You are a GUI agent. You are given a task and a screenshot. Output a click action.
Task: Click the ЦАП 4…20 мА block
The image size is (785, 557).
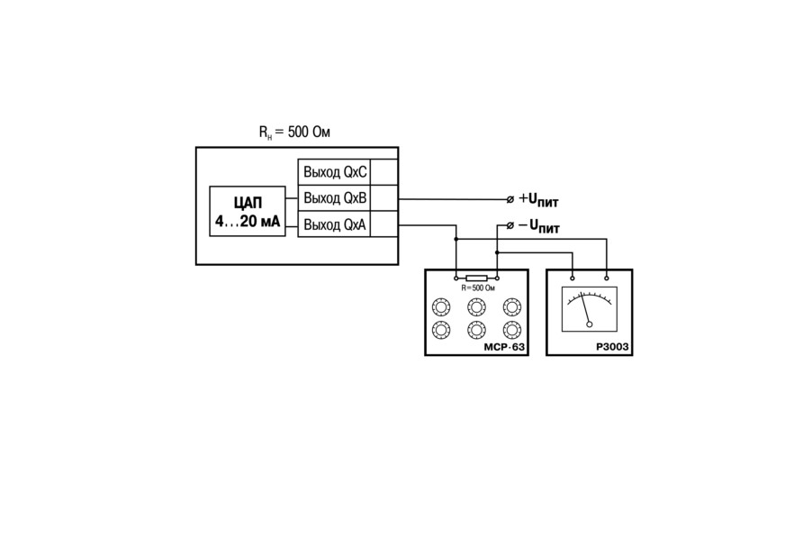(248, 211)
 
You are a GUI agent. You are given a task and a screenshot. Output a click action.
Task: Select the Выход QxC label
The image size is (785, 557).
(335, 172)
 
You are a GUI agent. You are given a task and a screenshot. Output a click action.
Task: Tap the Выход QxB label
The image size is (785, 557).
(335, 198)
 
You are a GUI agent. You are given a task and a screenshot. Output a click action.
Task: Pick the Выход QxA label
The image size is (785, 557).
(335, 224)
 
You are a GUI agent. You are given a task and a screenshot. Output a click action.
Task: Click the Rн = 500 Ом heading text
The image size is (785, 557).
(294, 132)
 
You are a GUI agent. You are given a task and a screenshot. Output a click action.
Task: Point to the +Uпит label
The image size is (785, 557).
(538, 199)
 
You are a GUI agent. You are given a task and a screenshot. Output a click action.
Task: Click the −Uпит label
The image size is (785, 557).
(538, 226)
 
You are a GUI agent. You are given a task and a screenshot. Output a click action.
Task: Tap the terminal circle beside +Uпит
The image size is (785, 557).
(510, 199)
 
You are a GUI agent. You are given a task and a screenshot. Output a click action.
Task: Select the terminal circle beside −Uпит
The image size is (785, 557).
(510, 225)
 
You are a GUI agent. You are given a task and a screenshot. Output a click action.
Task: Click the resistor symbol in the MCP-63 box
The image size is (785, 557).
(476, 278)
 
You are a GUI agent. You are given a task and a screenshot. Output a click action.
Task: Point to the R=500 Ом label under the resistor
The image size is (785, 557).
(478, 288)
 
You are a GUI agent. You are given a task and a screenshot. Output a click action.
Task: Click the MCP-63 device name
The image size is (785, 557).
(504, 347)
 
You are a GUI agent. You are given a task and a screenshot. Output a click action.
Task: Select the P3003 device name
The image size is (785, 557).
(612, 347)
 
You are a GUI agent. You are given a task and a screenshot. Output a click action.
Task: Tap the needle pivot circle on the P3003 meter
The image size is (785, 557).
(590, 324)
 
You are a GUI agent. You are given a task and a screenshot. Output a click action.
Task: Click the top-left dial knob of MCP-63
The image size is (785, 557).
(441, 306)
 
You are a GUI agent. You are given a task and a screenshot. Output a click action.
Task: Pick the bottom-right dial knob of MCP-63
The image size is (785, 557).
(511, 330)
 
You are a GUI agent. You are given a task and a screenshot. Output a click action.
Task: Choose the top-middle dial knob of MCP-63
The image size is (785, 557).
(476, 306)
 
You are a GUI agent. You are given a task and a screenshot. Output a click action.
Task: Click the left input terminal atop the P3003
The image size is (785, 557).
(573, 278)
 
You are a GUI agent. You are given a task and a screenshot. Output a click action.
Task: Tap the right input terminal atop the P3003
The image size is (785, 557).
(607, 278)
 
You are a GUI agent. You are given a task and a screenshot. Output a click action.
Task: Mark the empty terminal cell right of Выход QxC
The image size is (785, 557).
(384, 172)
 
